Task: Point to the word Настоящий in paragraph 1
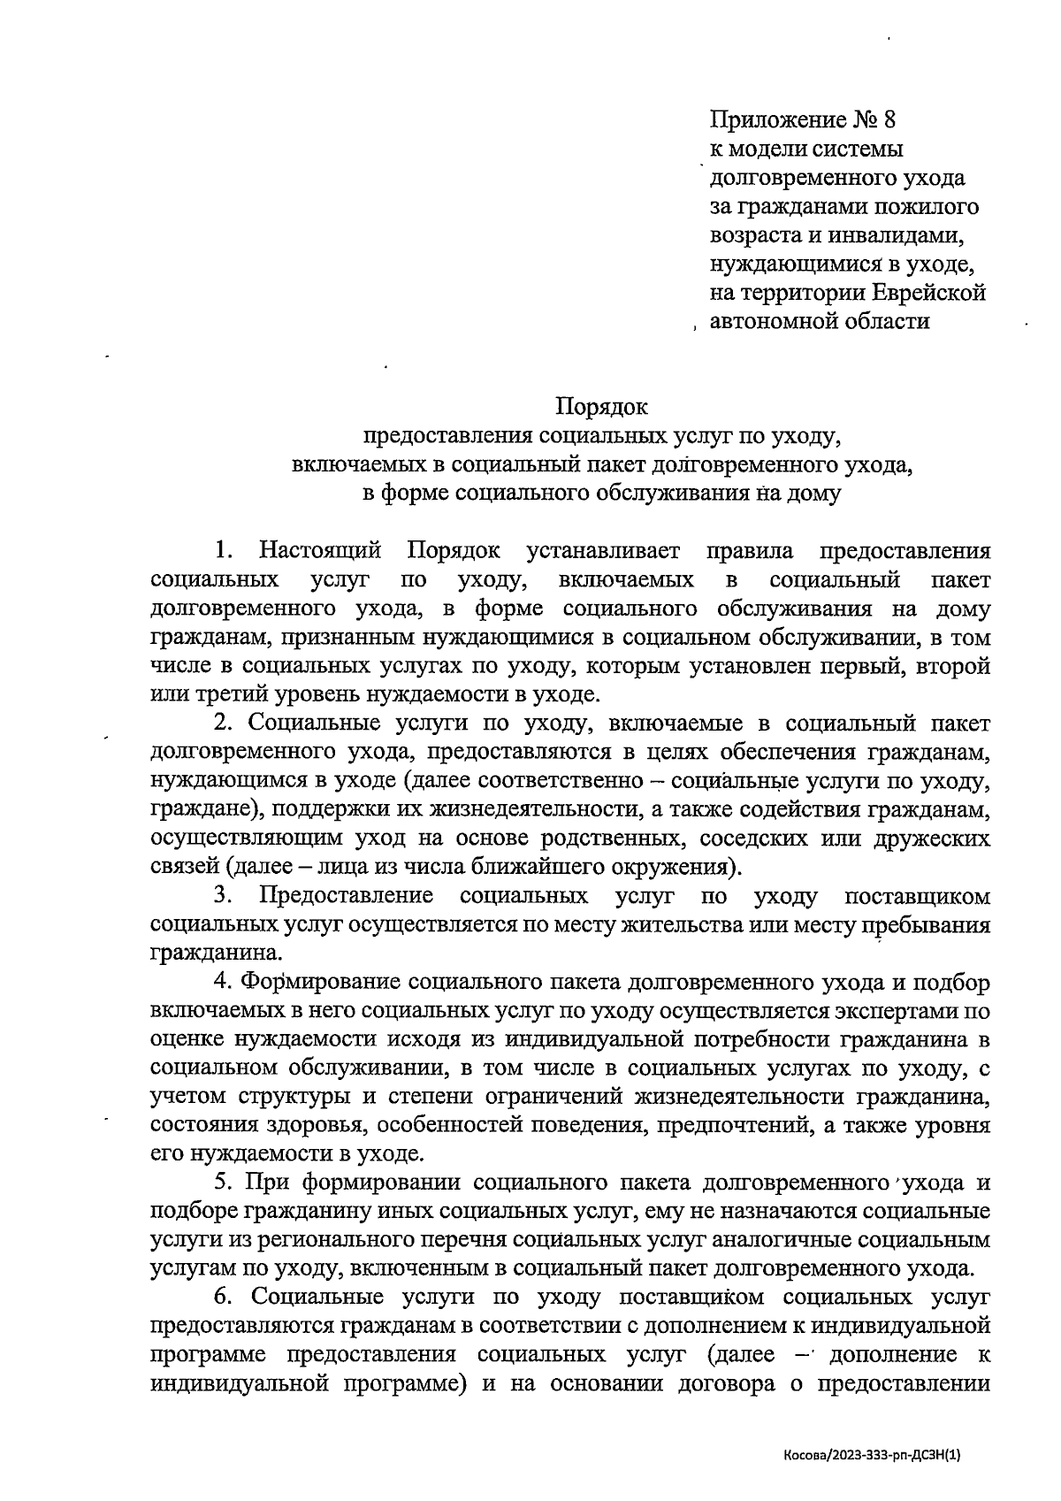pos(320,551)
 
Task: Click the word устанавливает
pos(603,551)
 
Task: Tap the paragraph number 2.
pos(222,724)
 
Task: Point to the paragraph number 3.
pos(222,896)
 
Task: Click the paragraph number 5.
pos(222,1183)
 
